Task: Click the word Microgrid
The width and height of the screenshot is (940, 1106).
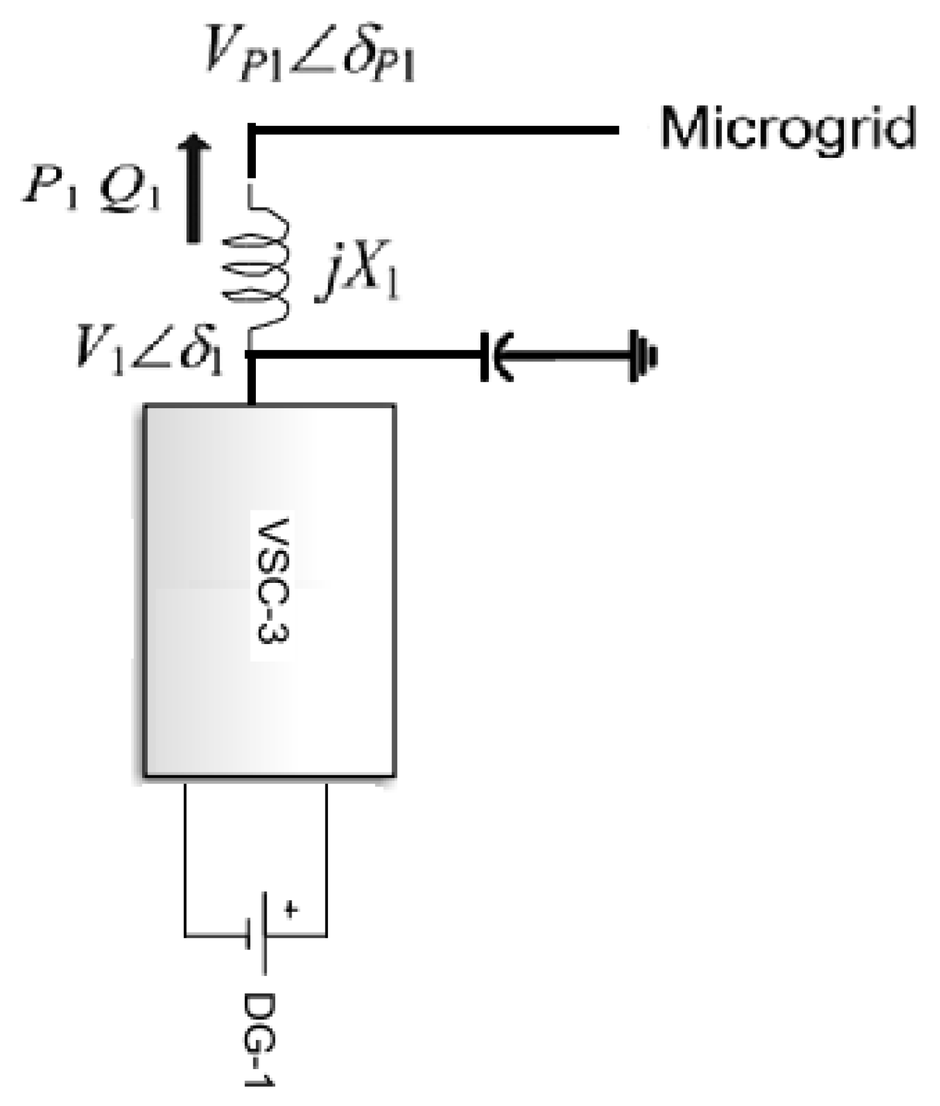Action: pyautogui.click(x=788, y=128)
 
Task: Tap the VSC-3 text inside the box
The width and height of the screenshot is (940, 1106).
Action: pyautogui.click(x=273, y=581)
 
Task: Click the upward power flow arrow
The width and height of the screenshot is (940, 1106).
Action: pyautogui.click(x=194, y=187)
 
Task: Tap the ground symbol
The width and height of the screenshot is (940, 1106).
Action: pyautogui.click(x=641, y=356)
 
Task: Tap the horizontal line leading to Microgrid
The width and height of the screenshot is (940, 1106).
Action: pyautogui.click(x=436, y=130)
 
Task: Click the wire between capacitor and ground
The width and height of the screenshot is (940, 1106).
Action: pyautogui.click(x=569, y=356)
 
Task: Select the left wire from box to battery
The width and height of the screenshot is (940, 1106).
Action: pyautogui.click(x=185, y=859)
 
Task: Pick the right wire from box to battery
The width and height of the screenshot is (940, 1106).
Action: pyautogui.click(x=327, y=859)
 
